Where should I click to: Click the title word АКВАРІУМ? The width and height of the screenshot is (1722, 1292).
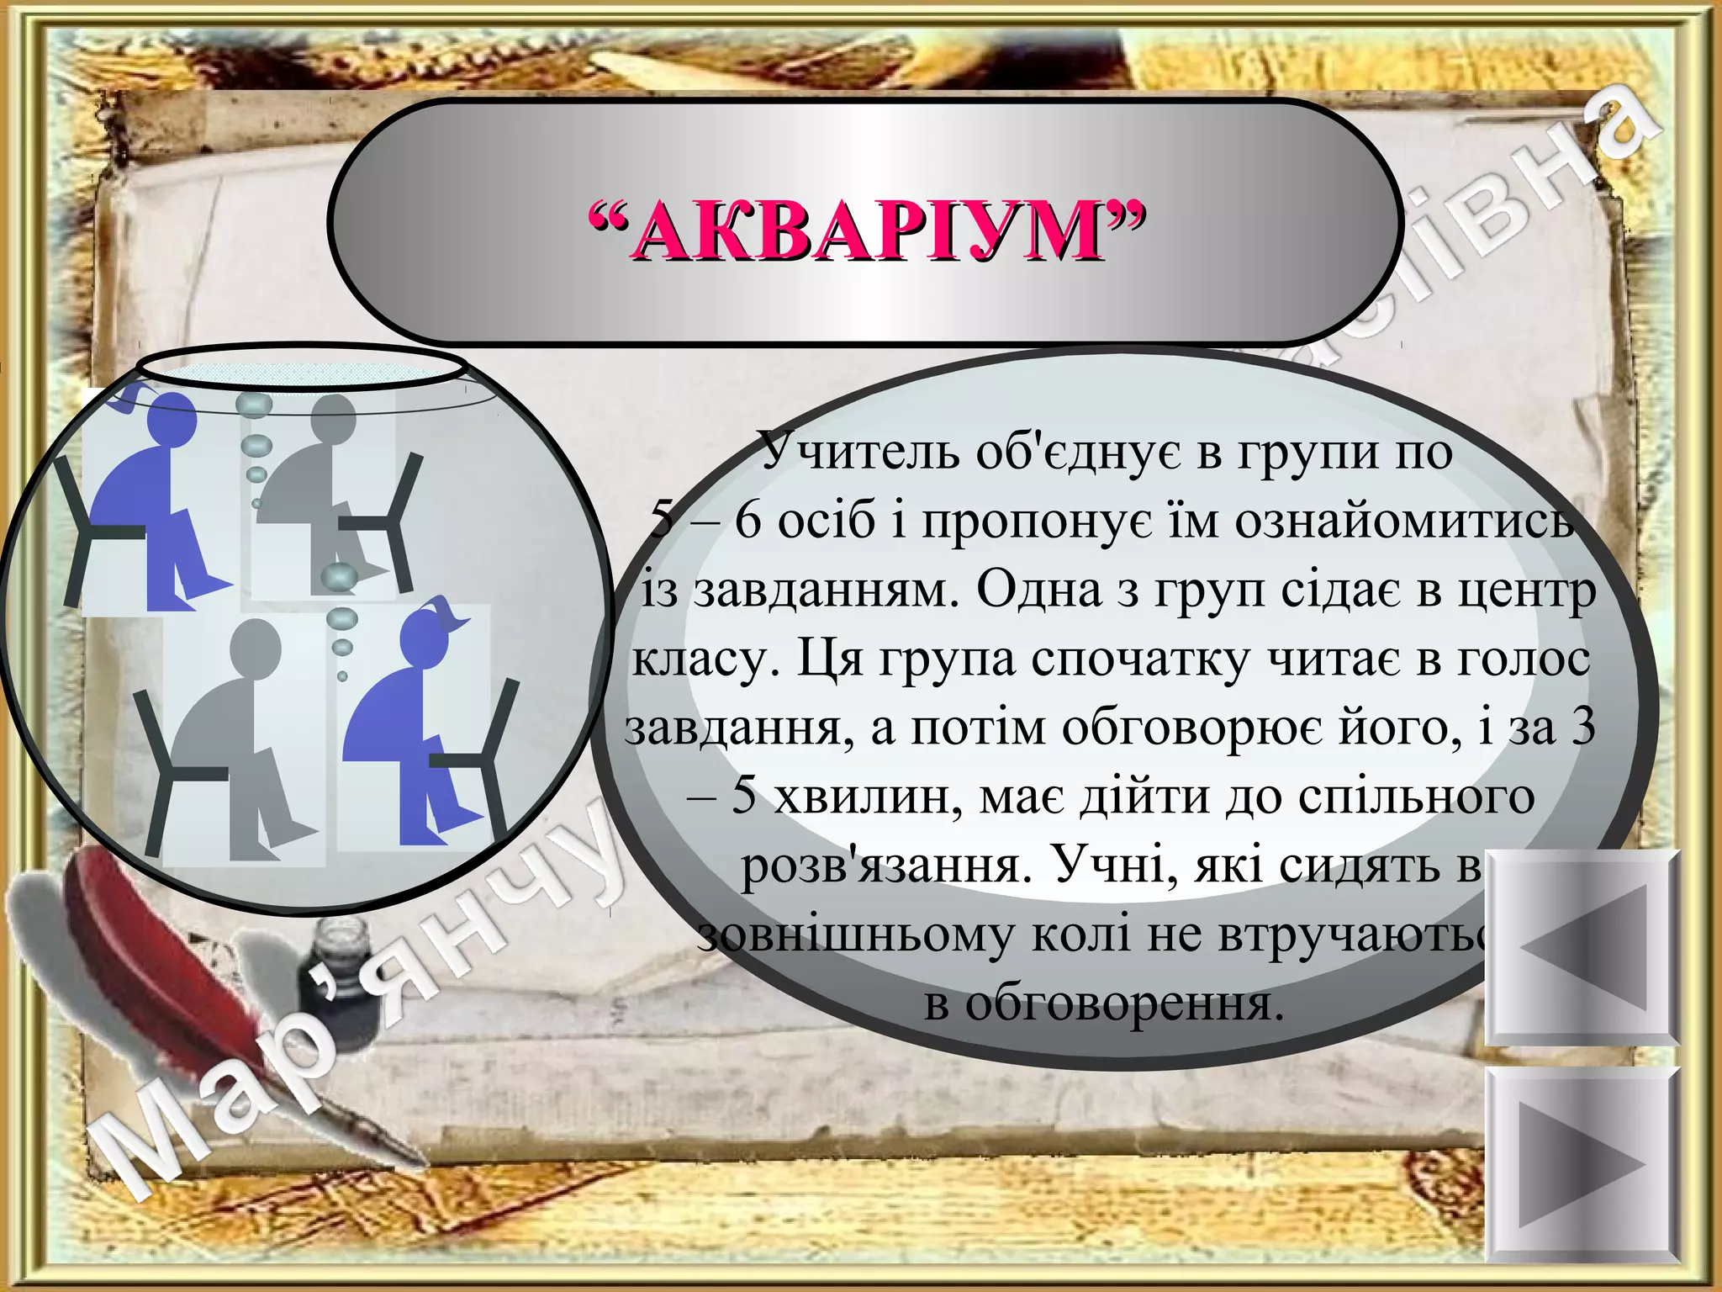point(866,231)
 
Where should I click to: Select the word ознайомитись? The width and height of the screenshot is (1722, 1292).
point(1404,522)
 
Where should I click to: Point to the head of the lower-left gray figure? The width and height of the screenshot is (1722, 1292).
point(255,646)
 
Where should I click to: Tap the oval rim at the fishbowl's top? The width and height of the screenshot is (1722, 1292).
point(301,368)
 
